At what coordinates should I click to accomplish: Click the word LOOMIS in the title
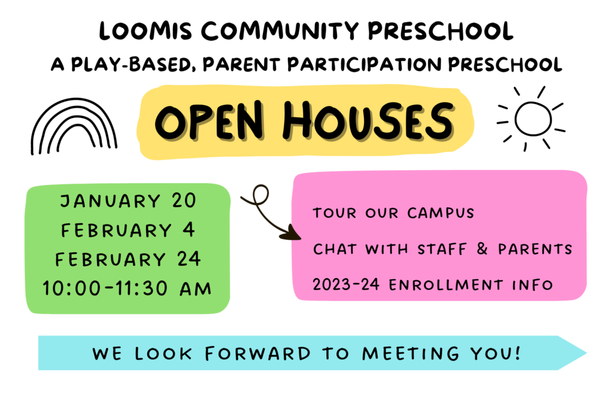(146, 31)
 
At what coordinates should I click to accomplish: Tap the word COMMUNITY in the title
(280, 31)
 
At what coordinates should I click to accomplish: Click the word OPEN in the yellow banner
(209, 120)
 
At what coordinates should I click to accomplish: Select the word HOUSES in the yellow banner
(368, 120)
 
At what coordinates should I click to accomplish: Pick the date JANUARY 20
(128, 201)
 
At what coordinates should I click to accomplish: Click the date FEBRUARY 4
(128, 230)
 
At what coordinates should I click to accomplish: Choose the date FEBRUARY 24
(128, 259)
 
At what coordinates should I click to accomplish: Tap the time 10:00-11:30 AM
(127, 289)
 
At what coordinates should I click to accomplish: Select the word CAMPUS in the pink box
(441, 213)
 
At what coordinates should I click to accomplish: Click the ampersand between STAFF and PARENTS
(482, 248)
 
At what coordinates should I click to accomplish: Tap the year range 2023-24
(346, 284)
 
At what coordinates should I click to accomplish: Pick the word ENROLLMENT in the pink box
(445, 285)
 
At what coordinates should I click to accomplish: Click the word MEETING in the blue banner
(411, 353)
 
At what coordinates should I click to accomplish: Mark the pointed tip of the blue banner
(586, 353)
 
